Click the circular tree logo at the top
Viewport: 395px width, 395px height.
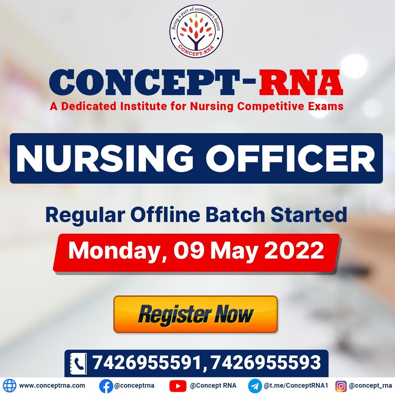[196, 31]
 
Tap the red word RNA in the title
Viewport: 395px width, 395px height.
[301, 82]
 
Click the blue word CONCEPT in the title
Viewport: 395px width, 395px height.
[144, 82]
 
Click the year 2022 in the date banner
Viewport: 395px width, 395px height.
[294, 251]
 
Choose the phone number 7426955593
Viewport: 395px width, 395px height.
[266, 363]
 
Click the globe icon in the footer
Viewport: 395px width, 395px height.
[10, 386]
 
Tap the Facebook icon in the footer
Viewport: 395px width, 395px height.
[106, 386]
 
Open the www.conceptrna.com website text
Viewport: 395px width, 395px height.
[52, 386]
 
